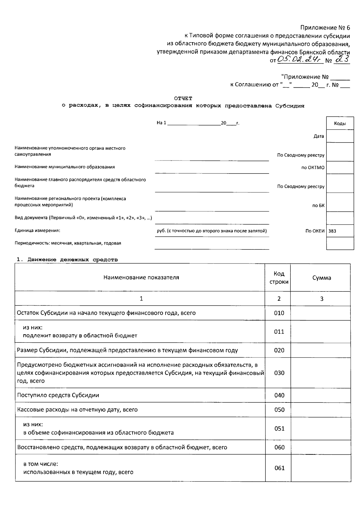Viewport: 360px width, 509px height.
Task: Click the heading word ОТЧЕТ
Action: click(x=183, y=98)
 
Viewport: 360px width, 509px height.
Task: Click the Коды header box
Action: click(x=340, y=124)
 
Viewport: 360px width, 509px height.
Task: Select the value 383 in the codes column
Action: click(x=332, y=231)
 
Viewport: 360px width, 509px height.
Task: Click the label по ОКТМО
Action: click(x=313, y=168)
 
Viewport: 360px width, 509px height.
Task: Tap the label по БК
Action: click(x=318, y=206)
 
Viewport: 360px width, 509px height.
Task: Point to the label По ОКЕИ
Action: click(x=315, y=231)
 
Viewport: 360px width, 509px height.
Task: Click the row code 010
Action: click(x=279, y=313)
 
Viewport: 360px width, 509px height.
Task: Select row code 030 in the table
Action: click(x=279, y=373)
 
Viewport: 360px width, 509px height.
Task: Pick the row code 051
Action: click(x=279, y=429)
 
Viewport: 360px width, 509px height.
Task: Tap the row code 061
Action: click(x=279, y=468)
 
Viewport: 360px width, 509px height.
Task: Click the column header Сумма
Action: click(x=322, y=278)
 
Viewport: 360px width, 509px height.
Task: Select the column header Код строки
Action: click(x=279, y=278)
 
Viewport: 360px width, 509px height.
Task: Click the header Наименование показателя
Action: click(x=141, y=278)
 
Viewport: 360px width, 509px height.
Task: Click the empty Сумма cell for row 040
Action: click(x=321, y=395)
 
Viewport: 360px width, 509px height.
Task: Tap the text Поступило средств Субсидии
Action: click(x=58, y=395)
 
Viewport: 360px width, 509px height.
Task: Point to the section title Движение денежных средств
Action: click(x=73, y=260)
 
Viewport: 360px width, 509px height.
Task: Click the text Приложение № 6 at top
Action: click(x=325, y=28)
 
